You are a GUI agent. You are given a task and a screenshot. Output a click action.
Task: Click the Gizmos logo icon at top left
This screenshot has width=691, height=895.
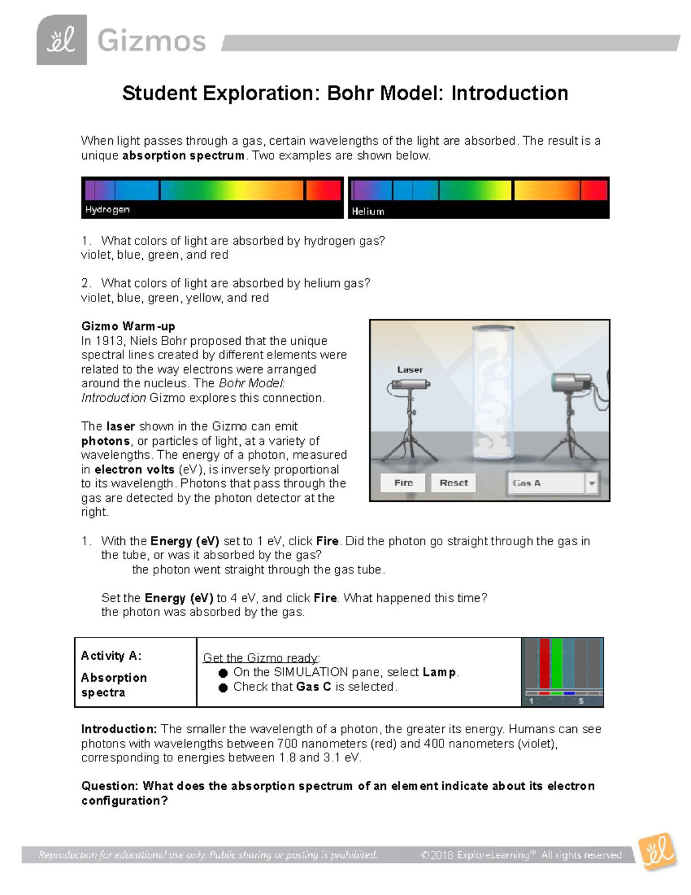[x=62, y=40]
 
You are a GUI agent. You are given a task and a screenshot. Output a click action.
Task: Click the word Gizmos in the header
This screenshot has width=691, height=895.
[x=151, y=41]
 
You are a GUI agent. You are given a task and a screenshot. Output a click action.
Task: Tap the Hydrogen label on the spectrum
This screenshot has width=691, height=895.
[x=107, y=210]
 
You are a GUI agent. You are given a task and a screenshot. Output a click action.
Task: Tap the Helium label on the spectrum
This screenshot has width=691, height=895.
[x=368, y=212]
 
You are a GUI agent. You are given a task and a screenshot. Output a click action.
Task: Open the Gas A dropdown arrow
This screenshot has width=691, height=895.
[x=591, y=484]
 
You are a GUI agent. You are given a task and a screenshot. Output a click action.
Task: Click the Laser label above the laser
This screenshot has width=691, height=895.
[x=409, y=369]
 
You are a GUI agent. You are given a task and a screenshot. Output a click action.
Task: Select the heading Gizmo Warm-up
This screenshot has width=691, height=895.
[x=128, y=326]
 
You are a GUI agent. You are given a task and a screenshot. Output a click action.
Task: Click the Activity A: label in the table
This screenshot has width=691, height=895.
[x=111, y=656]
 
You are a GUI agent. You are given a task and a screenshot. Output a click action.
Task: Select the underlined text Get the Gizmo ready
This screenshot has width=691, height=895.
[x=261, y=658]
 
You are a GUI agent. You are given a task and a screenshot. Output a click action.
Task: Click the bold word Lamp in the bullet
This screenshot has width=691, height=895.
[x=439, y=673]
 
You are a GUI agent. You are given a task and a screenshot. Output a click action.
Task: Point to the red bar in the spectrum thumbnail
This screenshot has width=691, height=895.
[x=544, y=664]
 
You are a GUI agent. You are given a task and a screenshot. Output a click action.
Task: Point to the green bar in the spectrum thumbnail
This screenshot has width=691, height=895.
[x=557, y=664]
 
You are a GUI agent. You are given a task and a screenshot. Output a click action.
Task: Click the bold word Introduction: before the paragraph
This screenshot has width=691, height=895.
[x=119, y=729]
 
